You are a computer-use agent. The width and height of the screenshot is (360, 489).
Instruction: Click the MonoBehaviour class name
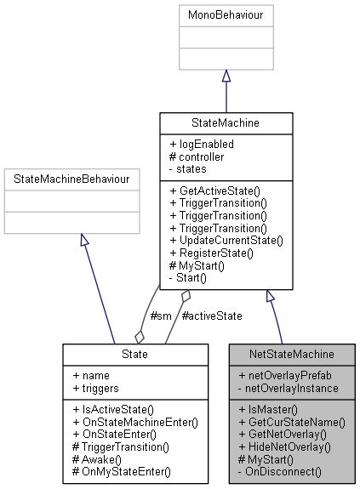[x=226, y=14]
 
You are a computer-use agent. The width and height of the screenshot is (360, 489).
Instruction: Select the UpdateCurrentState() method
[x=226, y=241]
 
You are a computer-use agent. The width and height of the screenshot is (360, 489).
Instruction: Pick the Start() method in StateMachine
[x=198, y=278]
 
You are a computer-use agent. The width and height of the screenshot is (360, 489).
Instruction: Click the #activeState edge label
[x=212, y=316]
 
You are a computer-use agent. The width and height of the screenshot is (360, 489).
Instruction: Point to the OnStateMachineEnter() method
[x=135, y=421]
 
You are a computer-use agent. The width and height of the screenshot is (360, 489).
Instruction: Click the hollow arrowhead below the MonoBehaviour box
[x=226, y=77]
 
